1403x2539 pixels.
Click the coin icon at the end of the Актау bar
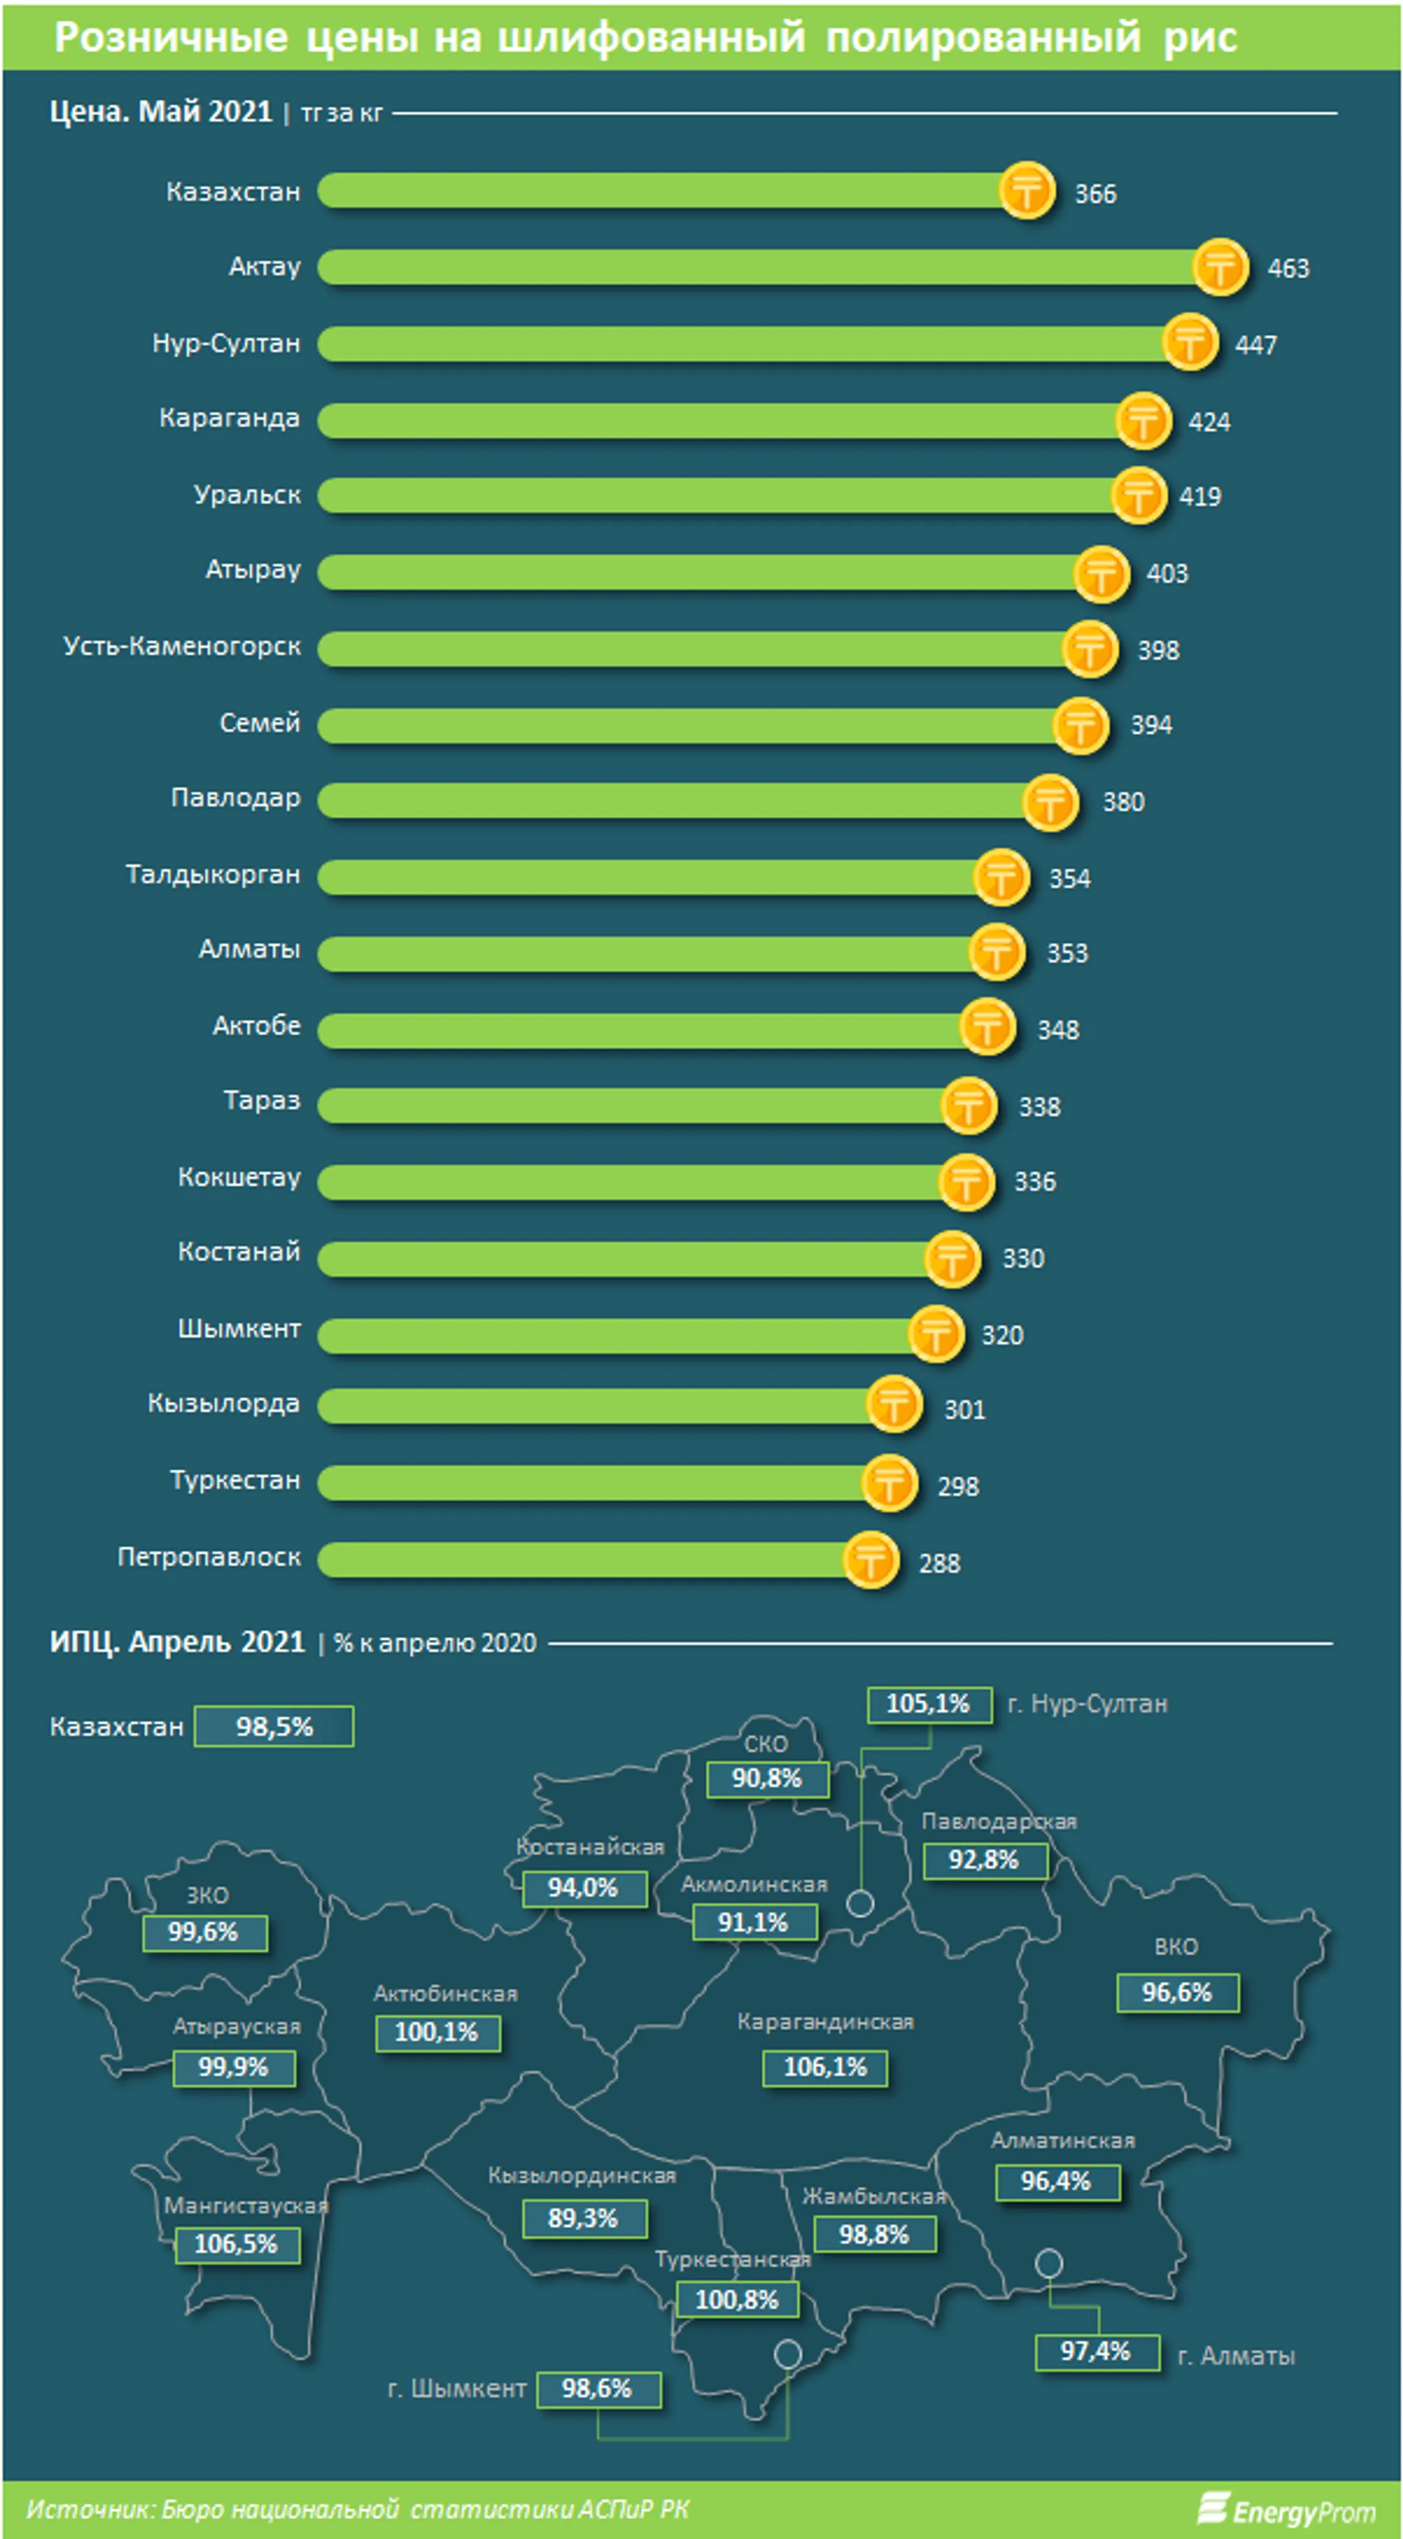[1220, 267]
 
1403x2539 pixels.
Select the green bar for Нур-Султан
[754, 344]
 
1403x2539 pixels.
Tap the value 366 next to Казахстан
[1095, 193]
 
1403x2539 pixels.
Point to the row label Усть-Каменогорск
[181, 647]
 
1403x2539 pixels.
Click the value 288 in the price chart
[940, 1563]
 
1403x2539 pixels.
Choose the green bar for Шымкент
[626, 1335]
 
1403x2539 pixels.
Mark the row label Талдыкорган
[213, 875]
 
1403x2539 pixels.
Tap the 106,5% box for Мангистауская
[236, 2244]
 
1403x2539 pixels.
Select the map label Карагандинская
[825, 2022]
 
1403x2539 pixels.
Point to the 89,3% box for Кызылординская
[584, 2218]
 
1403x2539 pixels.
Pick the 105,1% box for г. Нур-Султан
[929, 1703]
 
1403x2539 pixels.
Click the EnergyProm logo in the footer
[1287, 2509]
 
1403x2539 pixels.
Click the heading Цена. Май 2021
[160, 112]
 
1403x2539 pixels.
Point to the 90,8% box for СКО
[767, 1779]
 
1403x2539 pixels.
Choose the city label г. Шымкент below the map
[457, 2388]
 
